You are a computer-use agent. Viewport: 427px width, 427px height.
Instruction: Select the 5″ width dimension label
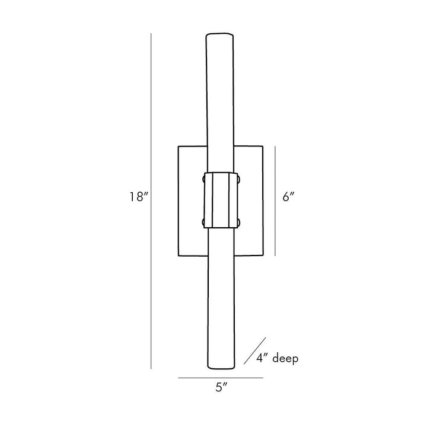[x=221, y=387]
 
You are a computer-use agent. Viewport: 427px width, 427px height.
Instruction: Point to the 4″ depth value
[x=262, y=358]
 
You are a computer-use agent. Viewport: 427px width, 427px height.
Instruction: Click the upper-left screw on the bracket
[x=203, y=179]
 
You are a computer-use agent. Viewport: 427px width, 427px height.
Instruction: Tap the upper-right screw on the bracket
[x=239, y=180]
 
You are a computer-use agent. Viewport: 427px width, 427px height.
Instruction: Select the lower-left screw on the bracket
[x=203, y=222]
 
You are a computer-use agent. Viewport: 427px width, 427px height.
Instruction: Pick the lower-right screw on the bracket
[x=239, y=222]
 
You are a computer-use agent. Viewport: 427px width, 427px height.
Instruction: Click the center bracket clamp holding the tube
[x=221, y=200]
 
